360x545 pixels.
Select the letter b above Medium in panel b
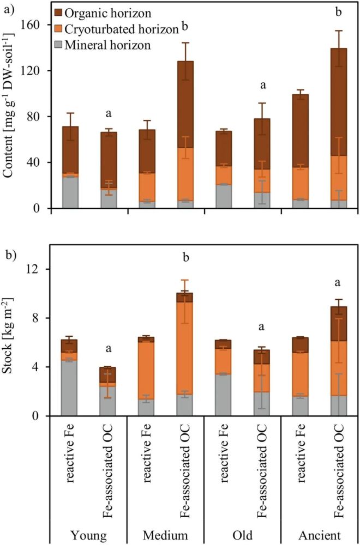click(x=184, y=257)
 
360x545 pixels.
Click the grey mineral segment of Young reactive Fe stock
click(x=70, y=387)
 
